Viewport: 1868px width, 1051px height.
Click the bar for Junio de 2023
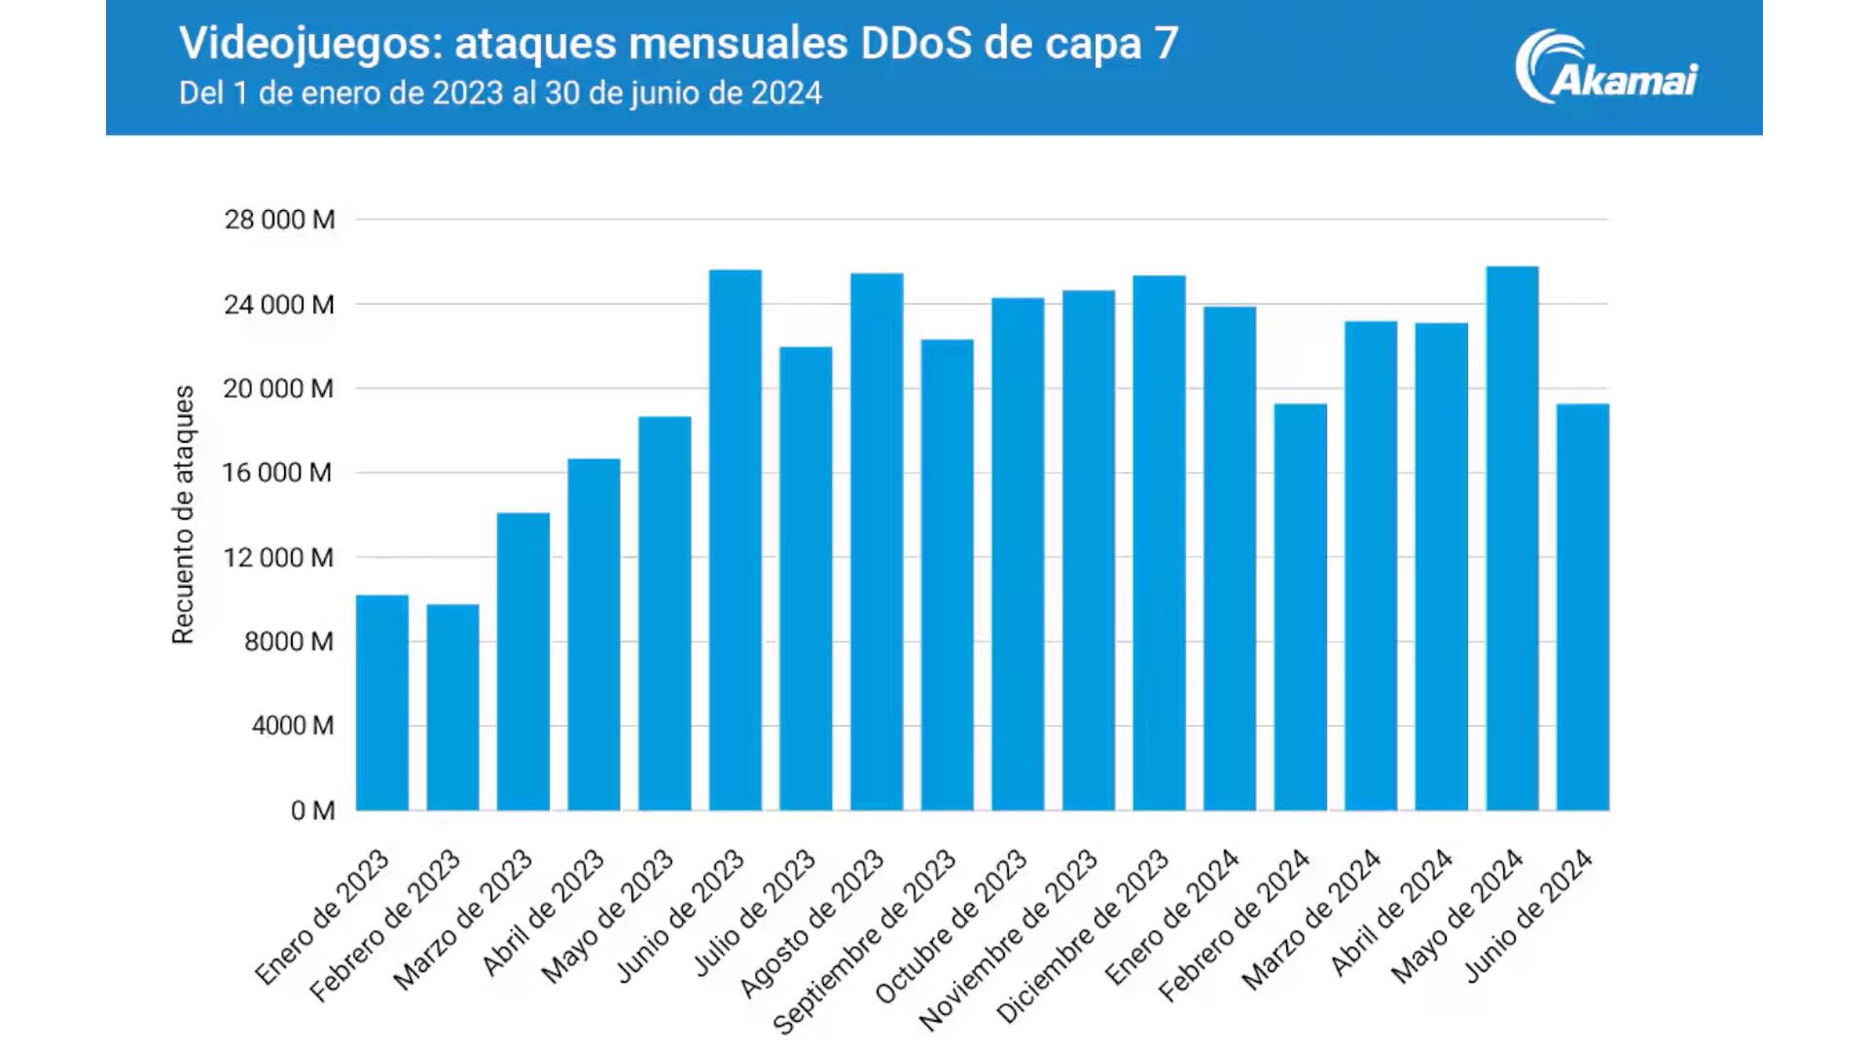(x=735, y=540)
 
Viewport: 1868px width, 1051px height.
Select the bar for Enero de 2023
(x=381, y=703)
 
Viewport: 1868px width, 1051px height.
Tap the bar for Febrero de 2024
(x=1300, y=607)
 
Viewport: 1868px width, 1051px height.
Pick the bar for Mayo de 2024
(x=1512, y=538)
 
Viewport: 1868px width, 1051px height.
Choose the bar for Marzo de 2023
(x=522, y=662)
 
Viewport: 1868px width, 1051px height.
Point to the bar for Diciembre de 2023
(x=1159, y=543)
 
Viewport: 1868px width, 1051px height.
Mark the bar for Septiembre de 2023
(x=947, y=575)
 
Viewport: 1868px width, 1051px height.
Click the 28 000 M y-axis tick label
(x=279, y=220)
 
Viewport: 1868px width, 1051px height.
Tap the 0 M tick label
(x=312, y=811)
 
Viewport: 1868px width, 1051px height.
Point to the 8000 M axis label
(x=288, y=642)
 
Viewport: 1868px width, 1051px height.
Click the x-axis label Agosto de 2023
(x=812, y=924)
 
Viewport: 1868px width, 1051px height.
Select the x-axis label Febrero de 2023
(x=385, y=925)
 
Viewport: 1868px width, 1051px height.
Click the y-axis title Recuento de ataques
(x=183, y=515)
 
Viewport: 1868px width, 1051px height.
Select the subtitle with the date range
(x=500, y=93)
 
